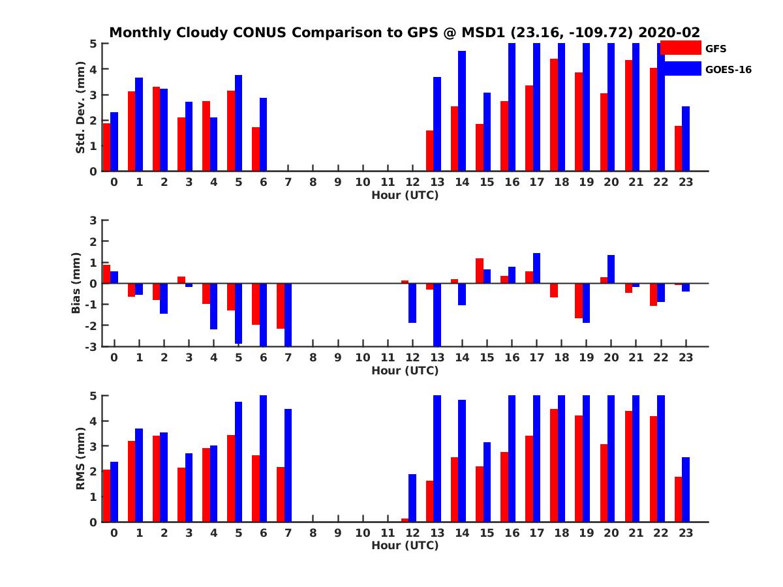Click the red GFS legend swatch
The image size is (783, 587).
(681, 48)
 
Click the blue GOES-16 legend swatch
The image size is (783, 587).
(681, 68)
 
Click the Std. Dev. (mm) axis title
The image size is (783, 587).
(81, 107)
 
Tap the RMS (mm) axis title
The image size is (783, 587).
(81, 459)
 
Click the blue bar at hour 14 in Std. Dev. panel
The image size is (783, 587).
(462, 111)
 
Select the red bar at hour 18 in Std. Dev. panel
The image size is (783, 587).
(554, 115)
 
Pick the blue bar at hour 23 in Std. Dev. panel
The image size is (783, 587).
(686, 138)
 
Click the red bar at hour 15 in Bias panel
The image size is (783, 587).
(480, 271)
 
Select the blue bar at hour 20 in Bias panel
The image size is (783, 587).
(611, 269)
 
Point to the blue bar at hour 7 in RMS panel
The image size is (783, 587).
(288, 465)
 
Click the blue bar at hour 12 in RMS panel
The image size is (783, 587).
(412, 498)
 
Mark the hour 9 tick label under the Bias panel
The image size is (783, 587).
(338, 357)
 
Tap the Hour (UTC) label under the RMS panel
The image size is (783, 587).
(405, 545)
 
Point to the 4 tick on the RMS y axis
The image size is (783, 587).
(93, 421)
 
